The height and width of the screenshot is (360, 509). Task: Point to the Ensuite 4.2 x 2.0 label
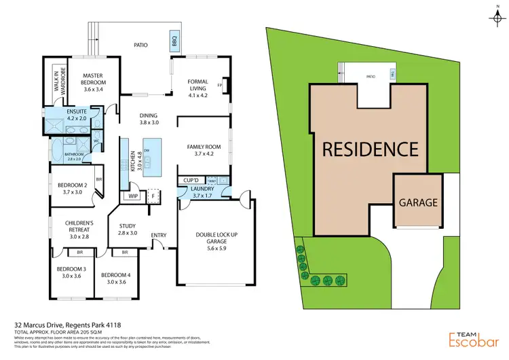tap(77, 113)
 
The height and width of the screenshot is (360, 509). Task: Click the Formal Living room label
tap(197, 86)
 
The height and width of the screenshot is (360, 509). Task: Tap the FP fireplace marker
tap(220, 86)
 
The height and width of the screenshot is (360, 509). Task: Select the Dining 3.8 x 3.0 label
tap(149, 119)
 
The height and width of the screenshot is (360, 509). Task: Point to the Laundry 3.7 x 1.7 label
tap(202, 192)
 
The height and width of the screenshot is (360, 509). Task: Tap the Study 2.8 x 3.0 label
tap(128, 230)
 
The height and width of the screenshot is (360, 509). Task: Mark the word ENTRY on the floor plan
tap(159, 236)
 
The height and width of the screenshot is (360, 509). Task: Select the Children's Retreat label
tap(78, 230)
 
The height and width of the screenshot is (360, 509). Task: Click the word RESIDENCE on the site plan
tap(369, 148)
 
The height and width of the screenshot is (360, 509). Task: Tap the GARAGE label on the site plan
tap(417, 202)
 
